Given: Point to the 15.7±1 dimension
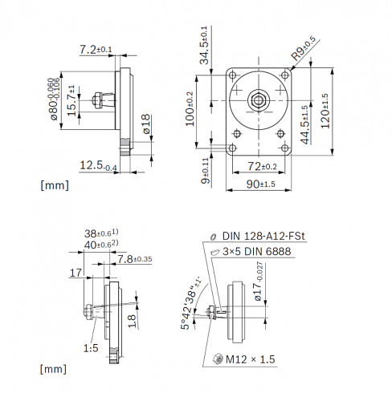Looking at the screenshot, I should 71,101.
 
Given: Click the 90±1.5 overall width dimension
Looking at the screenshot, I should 255,184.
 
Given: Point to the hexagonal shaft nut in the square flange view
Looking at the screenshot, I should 259,99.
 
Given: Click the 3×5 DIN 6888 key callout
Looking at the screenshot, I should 255,250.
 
